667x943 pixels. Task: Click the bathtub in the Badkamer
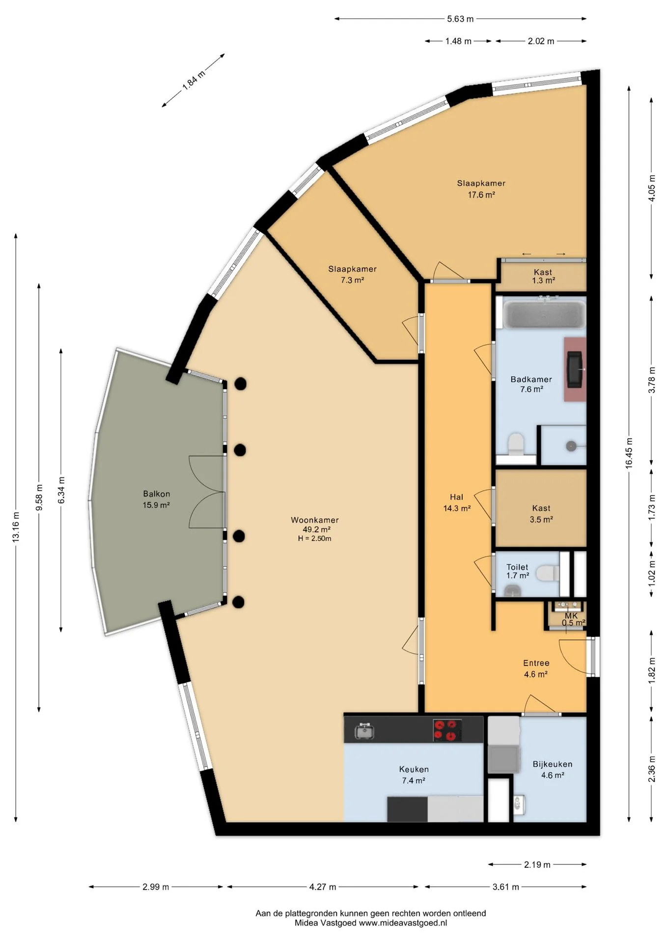(x=544, y=314)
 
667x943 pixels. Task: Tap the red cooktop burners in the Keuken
(x=447, y=730)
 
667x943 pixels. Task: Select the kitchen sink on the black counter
(x=364, y=731)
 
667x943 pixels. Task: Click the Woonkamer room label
(x=315, y=520)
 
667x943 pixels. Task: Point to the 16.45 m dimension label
(x=629, y=453)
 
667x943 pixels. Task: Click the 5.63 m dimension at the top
(x=460, y=19)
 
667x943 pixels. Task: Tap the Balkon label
(x=157, y=494)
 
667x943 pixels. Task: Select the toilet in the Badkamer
(x=516, y=444)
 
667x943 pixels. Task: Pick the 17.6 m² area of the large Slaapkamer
(x=481, y=194)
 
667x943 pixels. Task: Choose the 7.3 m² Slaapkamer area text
(x=353, y=280)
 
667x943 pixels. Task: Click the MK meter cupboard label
(x=571, y=615)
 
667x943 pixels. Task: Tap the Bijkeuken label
(x=553, y=764)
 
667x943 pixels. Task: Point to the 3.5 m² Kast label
(x=541, y=519)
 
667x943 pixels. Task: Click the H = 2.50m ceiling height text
(x=314, y=538)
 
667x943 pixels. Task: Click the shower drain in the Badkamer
(x=571, y=446)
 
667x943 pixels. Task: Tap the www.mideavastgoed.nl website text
(x=403, y=923)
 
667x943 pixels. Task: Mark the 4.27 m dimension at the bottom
(x=323, y=887)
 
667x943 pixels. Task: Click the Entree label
(x=536, y=663)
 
